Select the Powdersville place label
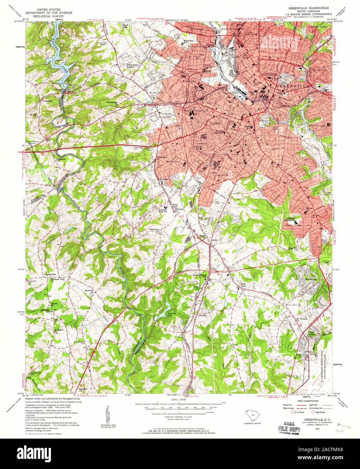tap(50, 274)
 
